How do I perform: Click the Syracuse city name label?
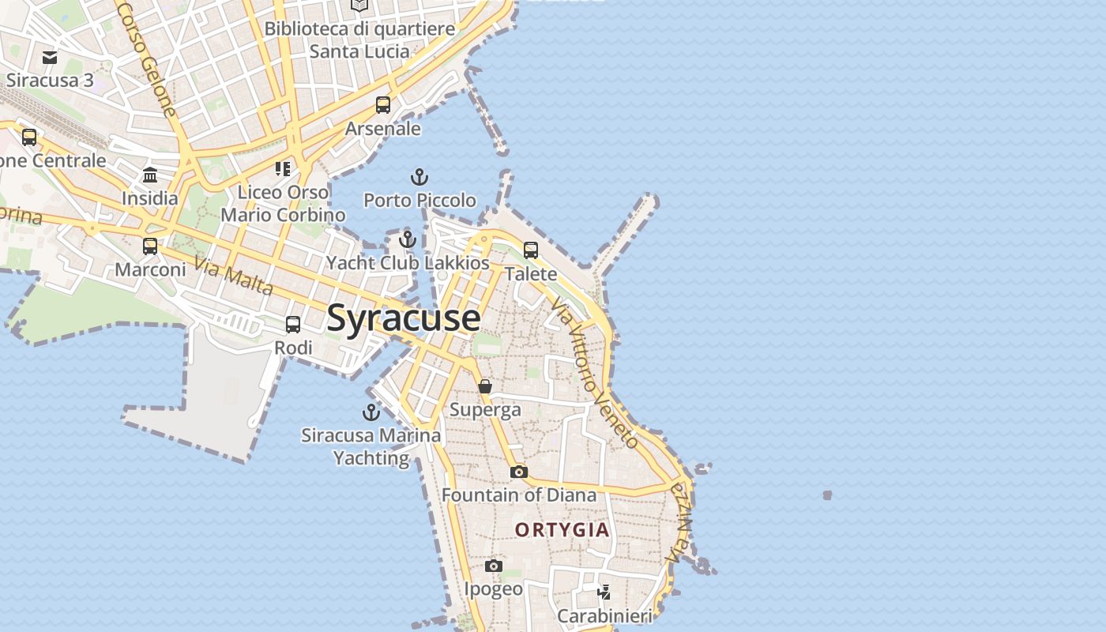click(403, 318)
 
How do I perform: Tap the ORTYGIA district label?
click(562, 529)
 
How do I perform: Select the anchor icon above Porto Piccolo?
click(419, 177)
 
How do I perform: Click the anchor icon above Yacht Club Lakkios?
click(408, 239)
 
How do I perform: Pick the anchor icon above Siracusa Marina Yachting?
click(371, 412)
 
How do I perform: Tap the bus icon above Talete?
click(531, 250)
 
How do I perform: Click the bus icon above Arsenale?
click(383, 104)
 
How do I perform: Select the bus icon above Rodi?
click(293, 324)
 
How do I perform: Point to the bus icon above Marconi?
click(150, 246)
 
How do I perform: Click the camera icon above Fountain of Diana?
click(518, 472)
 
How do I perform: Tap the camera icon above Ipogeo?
click(494, 566)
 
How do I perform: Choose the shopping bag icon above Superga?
click(485, 386)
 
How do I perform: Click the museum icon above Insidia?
click(150, 175)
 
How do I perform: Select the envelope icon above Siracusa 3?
click(50, 57)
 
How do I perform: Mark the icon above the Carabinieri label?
click(604, 592)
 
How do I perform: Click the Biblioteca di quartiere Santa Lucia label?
click(359, 40)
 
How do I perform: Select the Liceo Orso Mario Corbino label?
click(283, 203)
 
